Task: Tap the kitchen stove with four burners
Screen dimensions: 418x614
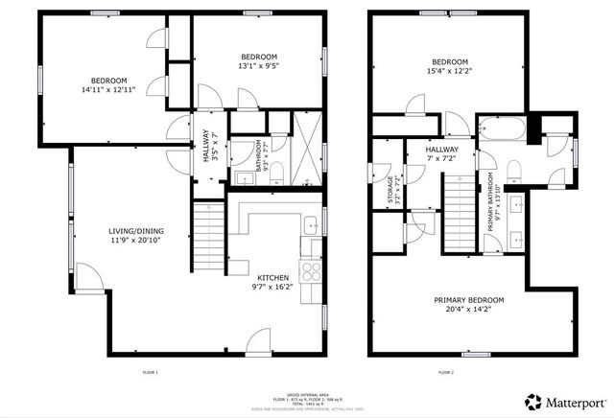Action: pos(312,270)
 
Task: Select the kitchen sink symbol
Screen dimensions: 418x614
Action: pos(312,226)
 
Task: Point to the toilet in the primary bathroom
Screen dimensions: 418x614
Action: pos(512,171)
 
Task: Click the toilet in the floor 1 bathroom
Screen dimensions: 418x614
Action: pos(276,171)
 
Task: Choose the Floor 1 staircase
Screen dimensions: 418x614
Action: pos(209,229)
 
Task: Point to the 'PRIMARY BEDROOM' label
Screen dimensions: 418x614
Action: pos(469,300)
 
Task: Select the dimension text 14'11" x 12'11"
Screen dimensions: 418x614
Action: pos(108,89)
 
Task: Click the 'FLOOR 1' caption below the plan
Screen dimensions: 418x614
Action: pos(150,372)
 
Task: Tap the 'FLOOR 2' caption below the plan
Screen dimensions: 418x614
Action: pos(445,372)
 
